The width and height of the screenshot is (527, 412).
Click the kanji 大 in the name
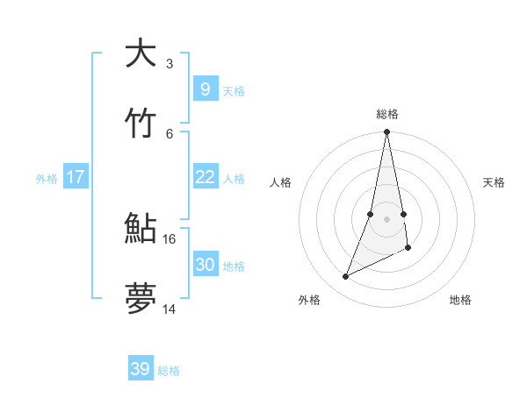coord(141,53)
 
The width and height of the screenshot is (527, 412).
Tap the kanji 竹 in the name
coord(141,124)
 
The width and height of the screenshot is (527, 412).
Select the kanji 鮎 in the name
coord(141,229)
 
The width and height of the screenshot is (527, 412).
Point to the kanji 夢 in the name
coord(141,299)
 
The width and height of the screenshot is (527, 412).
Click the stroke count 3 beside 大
coord(170,64)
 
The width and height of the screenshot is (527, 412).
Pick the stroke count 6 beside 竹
coord(170,133)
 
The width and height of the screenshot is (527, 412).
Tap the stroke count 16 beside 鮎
coord(170,238)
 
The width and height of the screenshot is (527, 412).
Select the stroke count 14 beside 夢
coord(170,309)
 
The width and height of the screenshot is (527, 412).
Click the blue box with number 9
coord(205,89)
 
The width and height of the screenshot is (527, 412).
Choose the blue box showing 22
coord(205,177)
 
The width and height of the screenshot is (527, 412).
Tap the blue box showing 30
coord(205,264)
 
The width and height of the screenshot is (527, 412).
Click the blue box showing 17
coord(76,177)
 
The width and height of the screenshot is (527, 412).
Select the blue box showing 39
coord(141,369)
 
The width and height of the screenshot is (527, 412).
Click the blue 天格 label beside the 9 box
coord(234,91)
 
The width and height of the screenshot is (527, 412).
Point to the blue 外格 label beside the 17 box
coord(47,179)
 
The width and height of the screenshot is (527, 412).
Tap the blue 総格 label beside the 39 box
coord(169,371)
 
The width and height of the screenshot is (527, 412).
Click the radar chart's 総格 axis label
coord(387,114)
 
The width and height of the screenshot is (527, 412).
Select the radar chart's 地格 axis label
coord(460,300)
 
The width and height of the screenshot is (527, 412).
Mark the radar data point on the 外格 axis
coord(345,277)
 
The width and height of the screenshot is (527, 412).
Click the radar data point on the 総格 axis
coord(386,132)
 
